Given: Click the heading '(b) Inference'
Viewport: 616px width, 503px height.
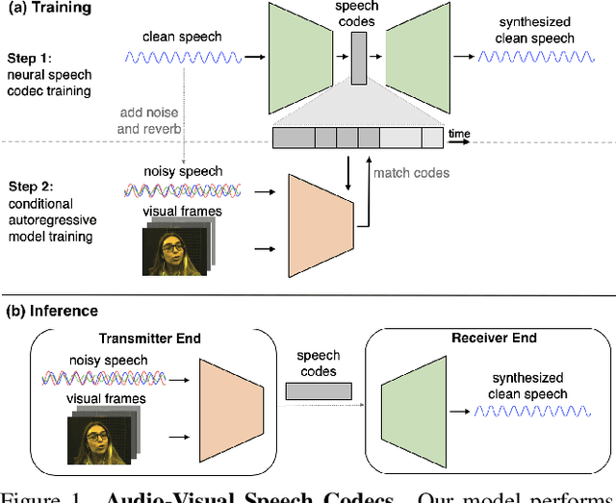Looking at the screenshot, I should [52, 310].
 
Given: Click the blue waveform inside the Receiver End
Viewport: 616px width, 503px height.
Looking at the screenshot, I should [525, 410].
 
